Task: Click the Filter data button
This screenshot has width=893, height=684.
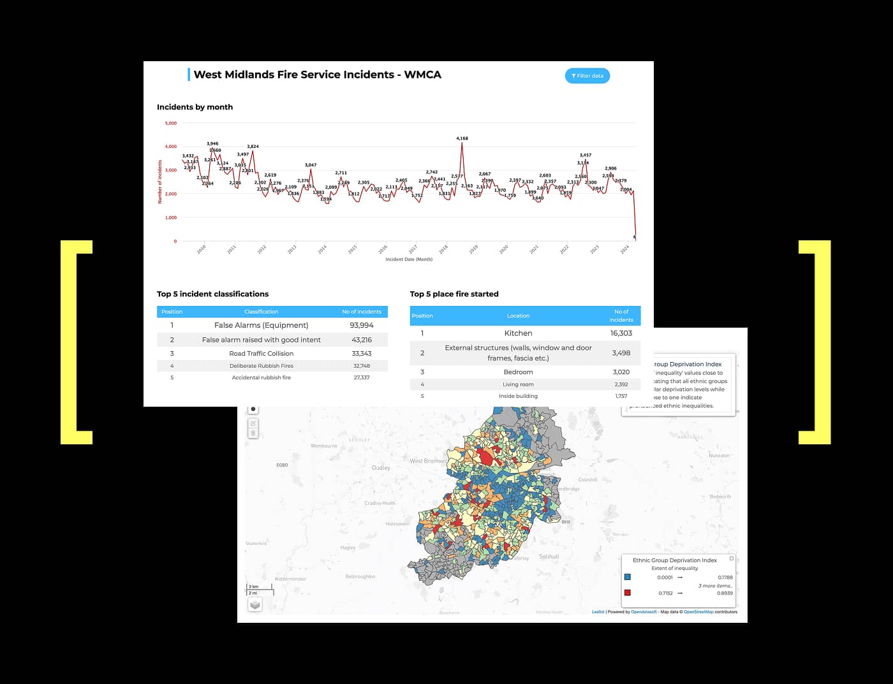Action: click(587, 76)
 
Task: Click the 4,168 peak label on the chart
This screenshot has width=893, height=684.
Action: click(462, 138)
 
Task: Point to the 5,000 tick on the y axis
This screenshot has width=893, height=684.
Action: click(171, 123)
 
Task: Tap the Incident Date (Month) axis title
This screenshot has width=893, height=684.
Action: click(409, 259)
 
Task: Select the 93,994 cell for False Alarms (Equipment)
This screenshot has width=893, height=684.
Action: click(362, 325)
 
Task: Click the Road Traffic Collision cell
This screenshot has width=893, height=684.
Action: click(262, 353)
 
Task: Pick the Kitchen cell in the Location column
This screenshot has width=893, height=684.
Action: click(518, 333)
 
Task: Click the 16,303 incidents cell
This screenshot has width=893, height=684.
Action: click(621, 333)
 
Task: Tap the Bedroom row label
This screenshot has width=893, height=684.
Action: click(518, 372)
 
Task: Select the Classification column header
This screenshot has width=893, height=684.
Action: click(261, 312)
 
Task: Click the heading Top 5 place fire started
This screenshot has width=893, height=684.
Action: click(454, 294)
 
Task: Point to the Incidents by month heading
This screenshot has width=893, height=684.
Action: click(195, 107)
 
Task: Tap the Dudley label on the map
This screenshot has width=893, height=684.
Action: click(381, 468)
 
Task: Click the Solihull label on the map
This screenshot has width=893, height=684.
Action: click(549, 557)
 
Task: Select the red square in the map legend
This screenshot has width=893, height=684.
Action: click(628, 593)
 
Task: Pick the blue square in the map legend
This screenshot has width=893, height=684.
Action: click(628, 577)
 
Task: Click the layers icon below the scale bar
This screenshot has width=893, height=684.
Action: click(255, 604)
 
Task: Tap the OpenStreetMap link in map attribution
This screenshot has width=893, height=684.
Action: click(698, 612)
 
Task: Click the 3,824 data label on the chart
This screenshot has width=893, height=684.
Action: click(253, 147)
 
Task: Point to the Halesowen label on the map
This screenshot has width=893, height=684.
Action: click(397, 524)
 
